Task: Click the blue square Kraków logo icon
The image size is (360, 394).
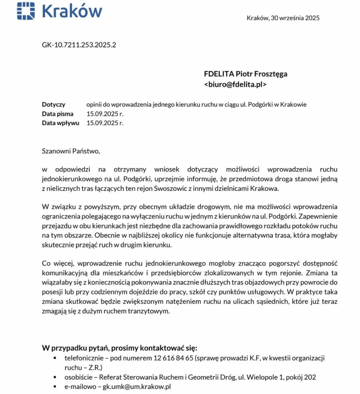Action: point(26,10)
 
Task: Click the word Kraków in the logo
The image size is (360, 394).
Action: point(72,11)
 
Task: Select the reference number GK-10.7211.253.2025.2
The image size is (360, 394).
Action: point(79,45)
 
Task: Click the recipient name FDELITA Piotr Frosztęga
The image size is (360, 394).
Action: point(245,74)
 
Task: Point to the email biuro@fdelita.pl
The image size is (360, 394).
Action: point(235,84)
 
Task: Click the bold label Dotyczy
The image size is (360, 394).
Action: point(53,104)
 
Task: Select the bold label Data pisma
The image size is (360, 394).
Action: point(58,114)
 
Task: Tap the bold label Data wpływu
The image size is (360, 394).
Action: point(60,123)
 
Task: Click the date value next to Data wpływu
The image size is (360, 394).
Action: point(105,123)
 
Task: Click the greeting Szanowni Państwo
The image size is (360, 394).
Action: point(71,151)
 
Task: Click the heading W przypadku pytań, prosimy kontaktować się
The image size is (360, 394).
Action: point(119,349)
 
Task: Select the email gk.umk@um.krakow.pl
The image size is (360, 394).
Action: point(137,387)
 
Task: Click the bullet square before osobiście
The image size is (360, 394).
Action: point(55,377)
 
